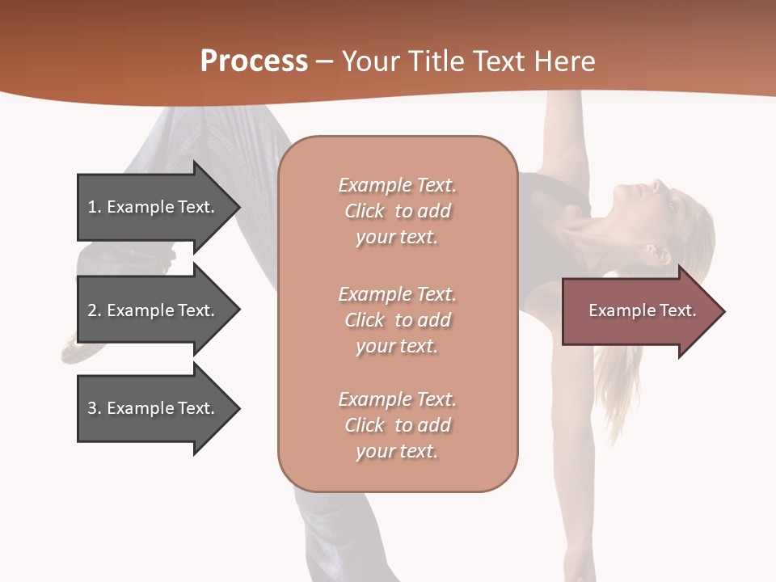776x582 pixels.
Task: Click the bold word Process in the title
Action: [254, 61]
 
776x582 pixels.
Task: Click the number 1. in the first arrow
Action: [94, 207]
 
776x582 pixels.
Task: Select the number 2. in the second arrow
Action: [94, 310]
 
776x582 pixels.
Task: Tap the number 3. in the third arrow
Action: [94, 408]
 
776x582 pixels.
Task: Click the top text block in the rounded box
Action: [397, 211]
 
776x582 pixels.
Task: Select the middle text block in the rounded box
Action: [397, 320]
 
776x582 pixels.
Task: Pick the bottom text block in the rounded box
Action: [397, 425]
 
